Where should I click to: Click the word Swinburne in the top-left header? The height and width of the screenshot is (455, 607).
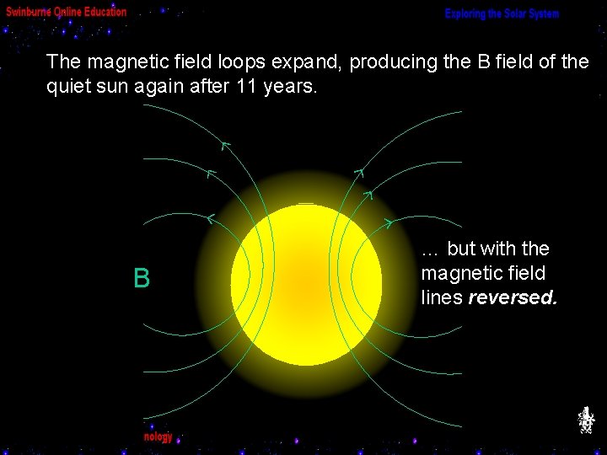(x=30, y=12)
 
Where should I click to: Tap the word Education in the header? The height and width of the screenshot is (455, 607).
(x=104, y=12)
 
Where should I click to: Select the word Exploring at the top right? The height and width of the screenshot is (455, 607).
(x=467, y=14)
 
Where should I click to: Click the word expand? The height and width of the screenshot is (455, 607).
(x=308, y=62)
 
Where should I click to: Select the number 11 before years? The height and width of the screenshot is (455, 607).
(x=238, y=86)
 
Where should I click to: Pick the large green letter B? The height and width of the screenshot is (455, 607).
(x=142, y=279)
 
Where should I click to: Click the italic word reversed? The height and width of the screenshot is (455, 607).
(x=512, y=297)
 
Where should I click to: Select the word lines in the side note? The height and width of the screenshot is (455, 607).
(x=441, y=297)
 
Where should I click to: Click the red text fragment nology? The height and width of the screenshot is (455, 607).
(x=158, y=436)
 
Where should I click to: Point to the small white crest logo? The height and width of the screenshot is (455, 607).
(x=585, y=419)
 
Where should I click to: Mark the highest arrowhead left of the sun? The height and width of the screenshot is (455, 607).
(x=224, y=145)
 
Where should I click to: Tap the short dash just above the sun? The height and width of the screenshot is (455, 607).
(x=306, y=203)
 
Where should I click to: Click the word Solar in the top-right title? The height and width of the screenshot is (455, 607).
(x=510, y=14)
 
